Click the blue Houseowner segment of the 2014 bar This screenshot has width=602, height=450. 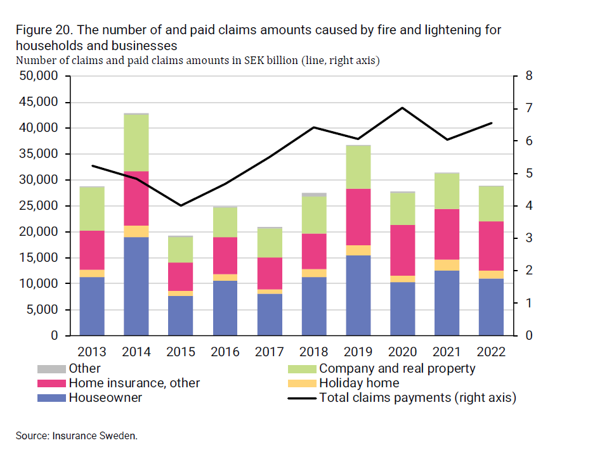(x=136, y=286)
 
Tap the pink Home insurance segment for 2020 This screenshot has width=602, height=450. (x=403, y=250)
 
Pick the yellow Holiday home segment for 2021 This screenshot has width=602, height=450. (x=447, y=265)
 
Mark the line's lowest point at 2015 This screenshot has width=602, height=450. (x=181, y=205)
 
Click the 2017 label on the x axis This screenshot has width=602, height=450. (x=270, y=352)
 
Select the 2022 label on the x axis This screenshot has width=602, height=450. (x=491, y=352)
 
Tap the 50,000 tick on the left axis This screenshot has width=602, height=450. (x=40, y=76)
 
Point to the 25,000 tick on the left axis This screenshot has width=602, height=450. (x=40, y=206)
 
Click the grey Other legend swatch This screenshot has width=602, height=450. (x=50, y=369)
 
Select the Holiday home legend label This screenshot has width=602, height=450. (x=359, y=383)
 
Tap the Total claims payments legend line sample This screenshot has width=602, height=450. (x=302, y=398)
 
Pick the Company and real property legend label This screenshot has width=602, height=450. (x=397, y=368)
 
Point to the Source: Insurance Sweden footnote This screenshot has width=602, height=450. (x=76, y=436)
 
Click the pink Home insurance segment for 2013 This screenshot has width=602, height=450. (x=92, y=250)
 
